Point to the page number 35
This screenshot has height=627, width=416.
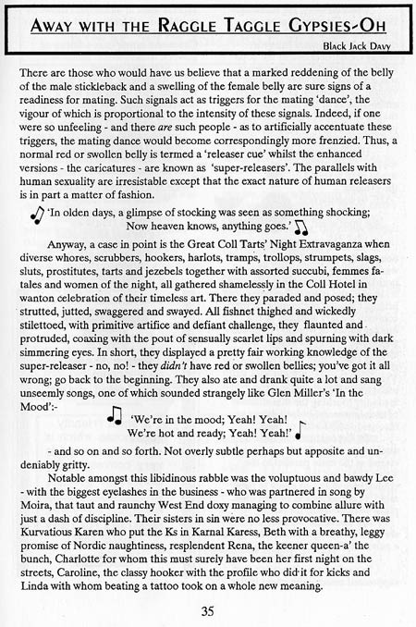(209, 609)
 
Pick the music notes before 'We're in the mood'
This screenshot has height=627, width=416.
(116, 392)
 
